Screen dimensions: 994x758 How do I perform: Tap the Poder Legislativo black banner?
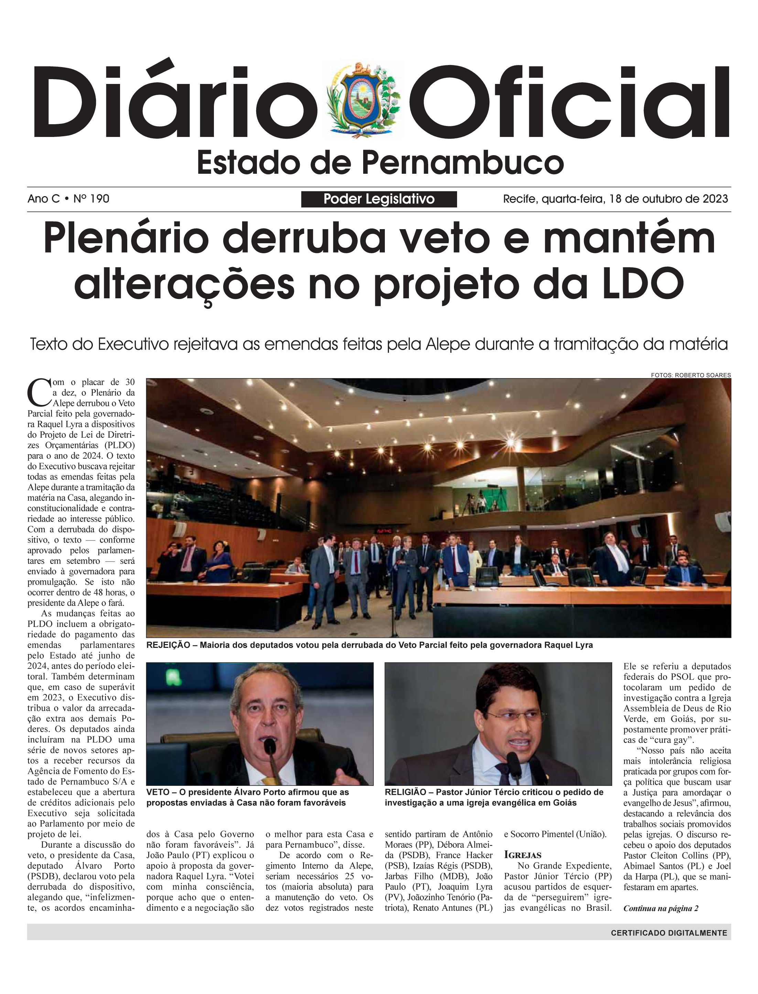click(379, 199)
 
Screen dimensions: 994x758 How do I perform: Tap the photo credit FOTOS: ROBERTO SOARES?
click(690, 375)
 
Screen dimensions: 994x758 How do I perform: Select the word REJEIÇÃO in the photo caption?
click(168, 645)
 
